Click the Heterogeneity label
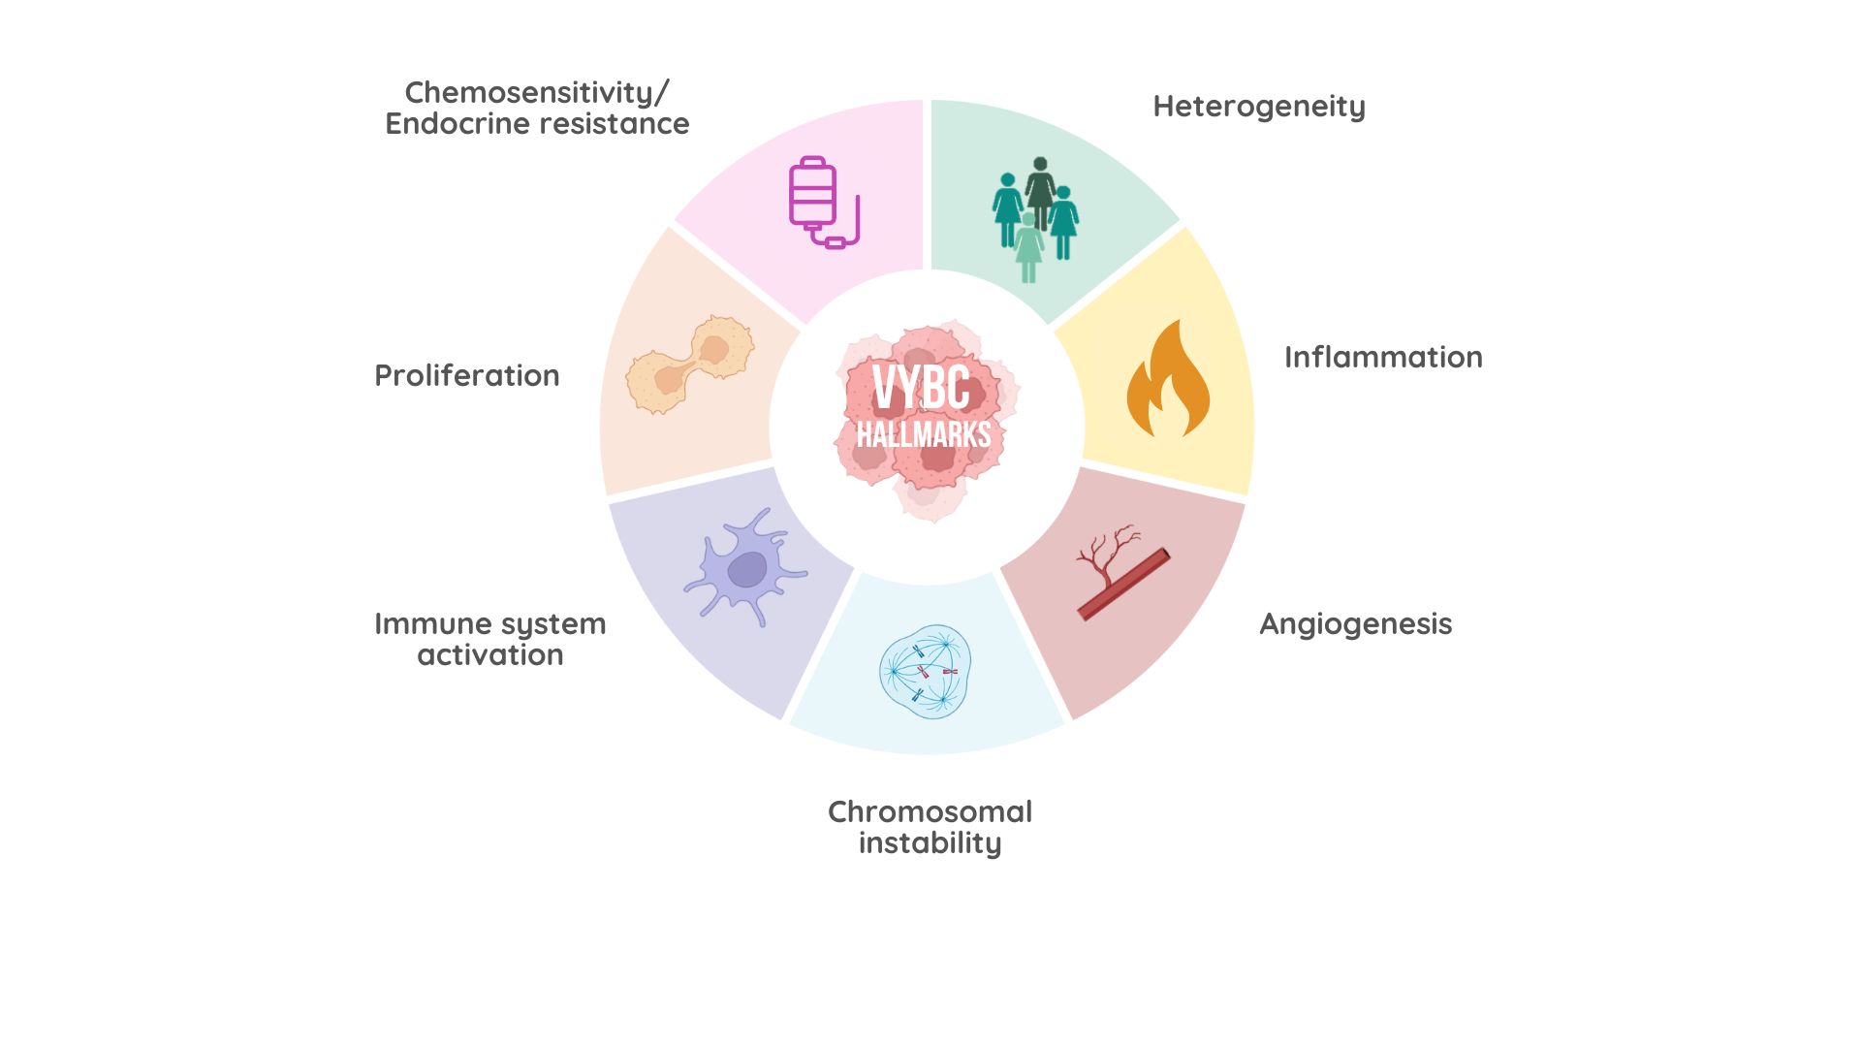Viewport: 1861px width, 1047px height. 1258,107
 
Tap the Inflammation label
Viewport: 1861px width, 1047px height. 1383,358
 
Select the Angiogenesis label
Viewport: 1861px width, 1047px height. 1355,624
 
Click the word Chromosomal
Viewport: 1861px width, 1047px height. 930,812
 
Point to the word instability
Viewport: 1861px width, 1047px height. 930,843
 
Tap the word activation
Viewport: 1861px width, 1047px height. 489,655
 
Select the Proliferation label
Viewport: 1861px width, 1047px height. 466,376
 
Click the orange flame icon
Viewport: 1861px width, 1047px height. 1168,380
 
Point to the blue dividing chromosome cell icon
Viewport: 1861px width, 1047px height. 925,671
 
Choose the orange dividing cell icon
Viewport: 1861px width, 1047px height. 690,364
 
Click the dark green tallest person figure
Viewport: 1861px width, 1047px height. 1040,191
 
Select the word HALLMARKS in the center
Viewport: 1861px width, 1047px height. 923,434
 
